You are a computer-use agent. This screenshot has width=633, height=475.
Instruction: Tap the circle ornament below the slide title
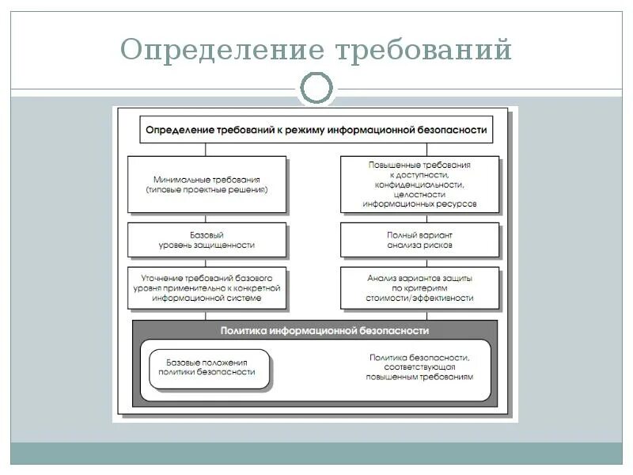coord(316,88)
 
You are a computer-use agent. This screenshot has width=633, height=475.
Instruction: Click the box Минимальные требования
coord(207,184)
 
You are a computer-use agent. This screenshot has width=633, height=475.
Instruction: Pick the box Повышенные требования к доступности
coord(419,184)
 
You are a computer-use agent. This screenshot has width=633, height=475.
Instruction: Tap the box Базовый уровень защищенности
coord(207,239)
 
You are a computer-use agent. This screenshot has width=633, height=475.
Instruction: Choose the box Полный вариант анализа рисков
coord(419,239)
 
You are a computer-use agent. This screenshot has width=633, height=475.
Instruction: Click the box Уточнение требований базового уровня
coord(207,289)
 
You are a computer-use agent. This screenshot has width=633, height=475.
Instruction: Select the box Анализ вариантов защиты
coord(419,289)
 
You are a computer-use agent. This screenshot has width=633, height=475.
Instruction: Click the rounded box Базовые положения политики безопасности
coord(207,366)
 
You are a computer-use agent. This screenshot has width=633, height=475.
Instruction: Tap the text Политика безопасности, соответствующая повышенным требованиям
coord(419,367)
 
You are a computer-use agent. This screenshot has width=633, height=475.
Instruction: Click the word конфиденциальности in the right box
coord(419,184)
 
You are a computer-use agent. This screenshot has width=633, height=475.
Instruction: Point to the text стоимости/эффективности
coord(419,298)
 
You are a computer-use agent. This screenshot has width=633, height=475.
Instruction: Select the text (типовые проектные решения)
coord(207,190)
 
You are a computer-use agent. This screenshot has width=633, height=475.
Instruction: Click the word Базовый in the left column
coord(207,234)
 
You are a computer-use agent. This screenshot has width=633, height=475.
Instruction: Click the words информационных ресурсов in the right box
coord(419,203)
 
